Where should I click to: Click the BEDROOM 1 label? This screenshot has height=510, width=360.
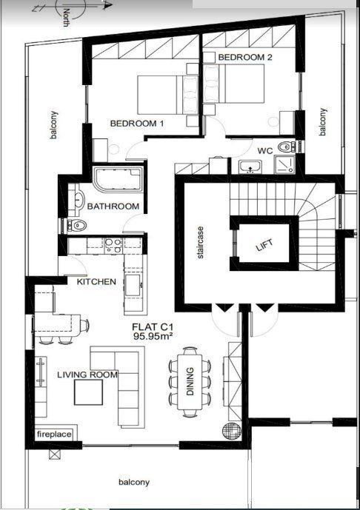(137, 124)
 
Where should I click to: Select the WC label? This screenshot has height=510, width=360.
(265, 150)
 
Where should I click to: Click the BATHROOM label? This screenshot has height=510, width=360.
(113, 207)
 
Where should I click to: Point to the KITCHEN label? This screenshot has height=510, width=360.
(96, 282)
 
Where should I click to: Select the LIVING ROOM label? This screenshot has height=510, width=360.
(87, 375)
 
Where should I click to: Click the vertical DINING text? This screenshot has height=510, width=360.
(190, 383)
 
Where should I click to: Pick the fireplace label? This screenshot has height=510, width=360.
(54, 434)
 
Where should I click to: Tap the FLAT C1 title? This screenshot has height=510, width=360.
(152, 326)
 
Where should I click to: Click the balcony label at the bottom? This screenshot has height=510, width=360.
(134, 483)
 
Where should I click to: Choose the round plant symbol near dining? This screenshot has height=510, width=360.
(230, 429)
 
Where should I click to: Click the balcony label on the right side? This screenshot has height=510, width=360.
(322, 121)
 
